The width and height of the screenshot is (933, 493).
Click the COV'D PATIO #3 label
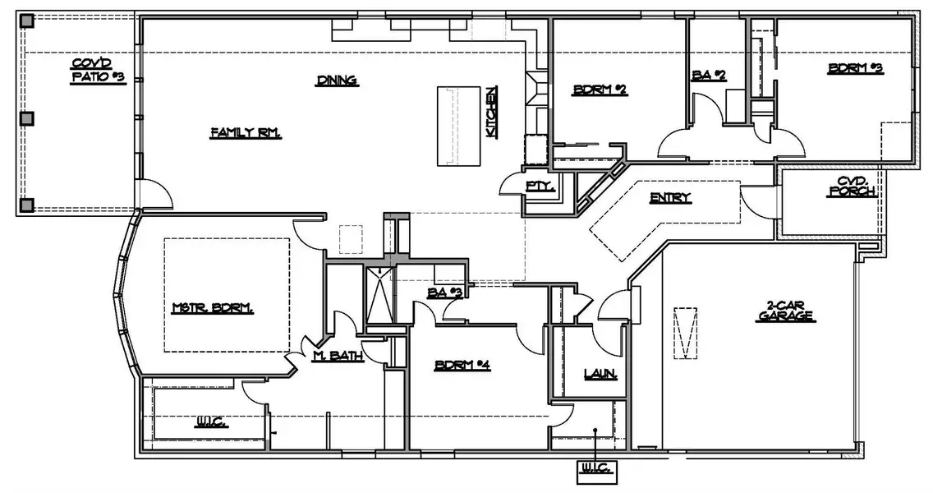97,70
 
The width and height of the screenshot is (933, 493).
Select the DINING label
336,81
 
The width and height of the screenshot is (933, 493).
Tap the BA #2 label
709,75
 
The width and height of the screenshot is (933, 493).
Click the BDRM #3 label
855,69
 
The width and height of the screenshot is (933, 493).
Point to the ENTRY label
670,197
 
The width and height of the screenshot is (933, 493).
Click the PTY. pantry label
540,187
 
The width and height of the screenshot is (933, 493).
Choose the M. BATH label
333,356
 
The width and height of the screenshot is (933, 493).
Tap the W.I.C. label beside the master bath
210,423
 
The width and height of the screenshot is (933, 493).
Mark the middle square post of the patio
27,118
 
